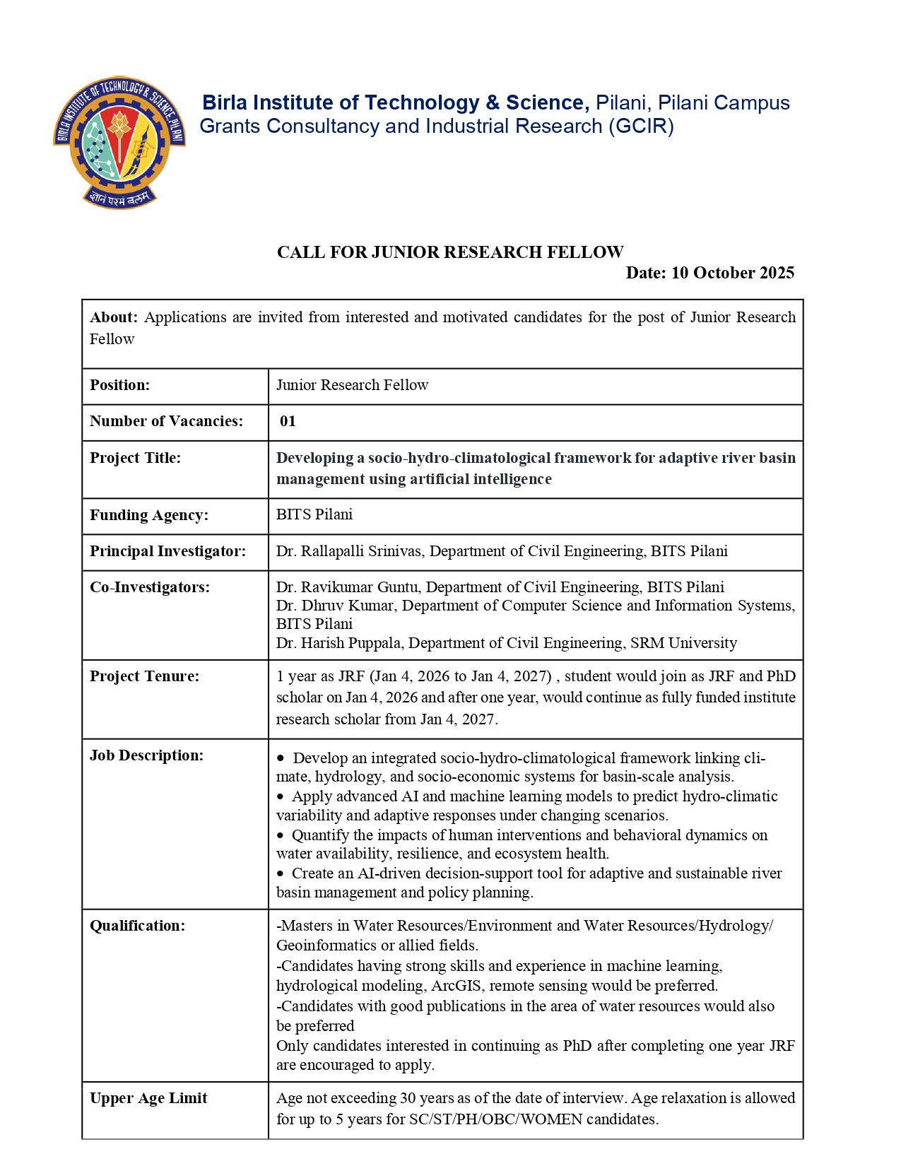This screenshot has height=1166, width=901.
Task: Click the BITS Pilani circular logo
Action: pyautogui.click(x=119, y=142)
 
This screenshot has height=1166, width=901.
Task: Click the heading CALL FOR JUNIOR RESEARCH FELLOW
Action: pyautogui.click(x=449, y=252)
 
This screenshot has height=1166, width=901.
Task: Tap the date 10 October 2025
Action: pyautogui.click(x=732, y=273)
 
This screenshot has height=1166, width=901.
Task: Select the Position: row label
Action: pyautogui.click(x=119, y=385)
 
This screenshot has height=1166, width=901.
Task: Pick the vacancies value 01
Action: pyautogui.click(x=288, y=421)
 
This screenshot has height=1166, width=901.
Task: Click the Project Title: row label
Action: pyautogui.click(x=135, y=458)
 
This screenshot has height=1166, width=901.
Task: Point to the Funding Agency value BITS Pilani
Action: pyautogui.click(x=314, y=514)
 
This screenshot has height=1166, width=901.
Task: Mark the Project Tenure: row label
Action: pyautogui.click(x=144, y=676)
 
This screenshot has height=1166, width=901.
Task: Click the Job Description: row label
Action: pyautogui.click(x=146, y=755)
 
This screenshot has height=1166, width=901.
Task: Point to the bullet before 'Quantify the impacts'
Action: pyautogui.click(x=281, y=835)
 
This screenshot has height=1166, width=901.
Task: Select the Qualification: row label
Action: pyautogui.click(x=137, y=926)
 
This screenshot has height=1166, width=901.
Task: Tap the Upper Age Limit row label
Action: pyautogui.click(x=148, y=1098)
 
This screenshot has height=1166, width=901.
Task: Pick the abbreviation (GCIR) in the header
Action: pyautogui.click(x=641, y=126)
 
